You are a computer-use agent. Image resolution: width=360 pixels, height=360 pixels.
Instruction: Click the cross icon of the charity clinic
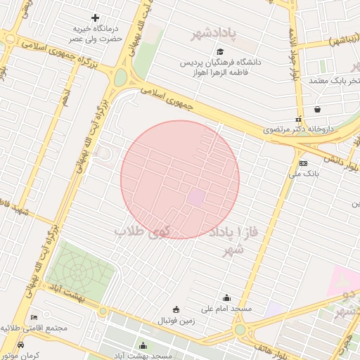[x=96, y=18]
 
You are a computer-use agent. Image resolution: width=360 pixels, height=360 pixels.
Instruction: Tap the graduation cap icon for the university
[x=220, y=51]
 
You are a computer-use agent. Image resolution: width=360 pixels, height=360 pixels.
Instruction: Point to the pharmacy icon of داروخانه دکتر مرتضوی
[x=298, y=119]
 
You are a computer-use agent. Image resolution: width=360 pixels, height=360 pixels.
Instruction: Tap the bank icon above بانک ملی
[x=303, y=162]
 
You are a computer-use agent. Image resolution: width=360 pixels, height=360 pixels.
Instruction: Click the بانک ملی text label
[x=305, y=173]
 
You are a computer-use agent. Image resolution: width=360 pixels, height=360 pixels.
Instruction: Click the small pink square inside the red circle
[x=196, y=198]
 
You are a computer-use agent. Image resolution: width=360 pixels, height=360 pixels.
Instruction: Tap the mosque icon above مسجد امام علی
[x=226, y=297]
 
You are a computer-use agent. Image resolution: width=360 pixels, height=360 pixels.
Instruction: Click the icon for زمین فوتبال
[x=175, y=309]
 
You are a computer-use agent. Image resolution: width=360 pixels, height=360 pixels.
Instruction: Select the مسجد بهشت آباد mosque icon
[x=143, y=345]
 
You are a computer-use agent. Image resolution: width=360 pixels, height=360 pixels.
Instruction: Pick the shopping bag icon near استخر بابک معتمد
[x=318, y=109]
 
